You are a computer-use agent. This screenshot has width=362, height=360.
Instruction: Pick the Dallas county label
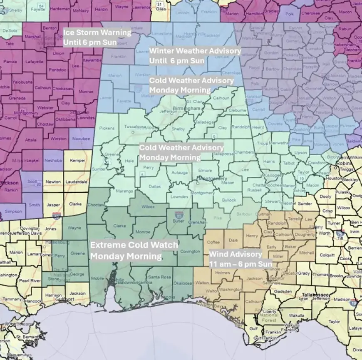(154, 186)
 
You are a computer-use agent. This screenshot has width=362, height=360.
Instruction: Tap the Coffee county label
(213, 242)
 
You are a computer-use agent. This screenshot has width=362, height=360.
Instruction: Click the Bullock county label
(229, 200)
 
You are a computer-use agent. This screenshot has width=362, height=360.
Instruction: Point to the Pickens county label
(107, 128)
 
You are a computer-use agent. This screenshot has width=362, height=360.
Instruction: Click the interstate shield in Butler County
(179, 215)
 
